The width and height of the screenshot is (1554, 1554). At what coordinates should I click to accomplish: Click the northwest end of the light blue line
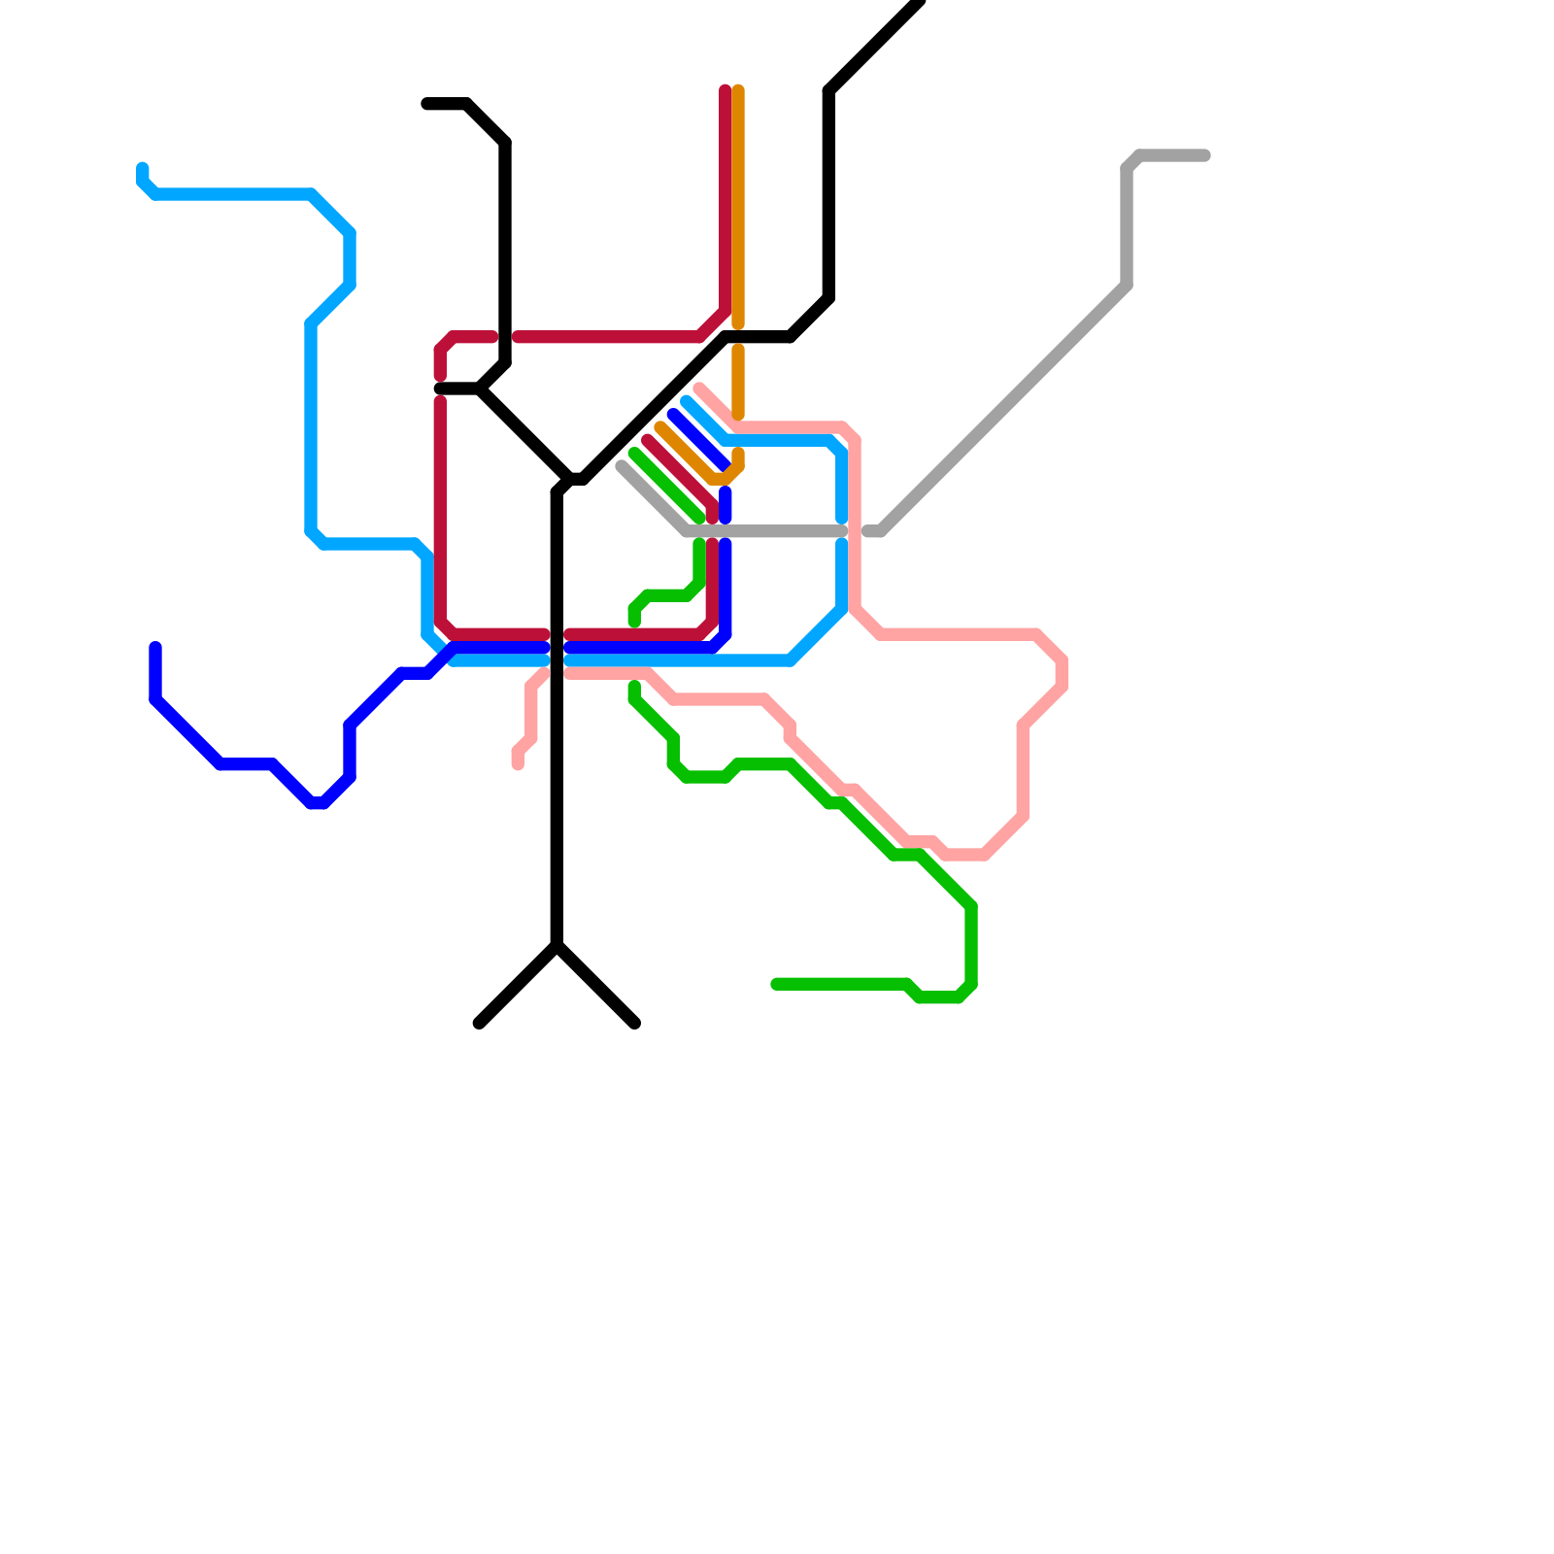tap(143, 168)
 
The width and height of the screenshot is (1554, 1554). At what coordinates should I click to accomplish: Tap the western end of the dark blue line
tap(155, 647)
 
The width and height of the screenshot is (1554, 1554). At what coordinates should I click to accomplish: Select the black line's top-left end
tap(426, 104)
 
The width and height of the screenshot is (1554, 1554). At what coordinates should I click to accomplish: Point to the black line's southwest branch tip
tap(479, 1024)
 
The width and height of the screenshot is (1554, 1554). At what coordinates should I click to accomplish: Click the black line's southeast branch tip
tap(636, 1024)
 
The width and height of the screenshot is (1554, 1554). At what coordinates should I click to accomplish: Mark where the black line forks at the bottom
tap(557, 945)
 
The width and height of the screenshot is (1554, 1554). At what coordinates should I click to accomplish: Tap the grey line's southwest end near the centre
tap(622, 466)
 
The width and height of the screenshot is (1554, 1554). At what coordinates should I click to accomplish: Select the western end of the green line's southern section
tap(776, 985)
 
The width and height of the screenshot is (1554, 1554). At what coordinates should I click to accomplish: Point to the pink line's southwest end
tap(518, 765)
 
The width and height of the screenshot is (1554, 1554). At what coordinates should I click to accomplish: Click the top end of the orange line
tap(738, 90)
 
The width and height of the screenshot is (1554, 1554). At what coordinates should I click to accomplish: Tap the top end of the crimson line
tap(725, 90)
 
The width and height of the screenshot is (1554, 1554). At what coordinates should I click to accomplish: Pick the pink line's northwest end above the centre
tap(699, 389)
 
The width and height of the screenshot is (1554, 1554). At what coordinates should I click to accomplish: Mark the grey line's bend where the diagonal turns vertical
tap(1127, 286)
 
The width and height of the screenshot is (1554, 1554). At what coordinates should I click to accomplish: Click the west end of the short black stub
tap(440, 388)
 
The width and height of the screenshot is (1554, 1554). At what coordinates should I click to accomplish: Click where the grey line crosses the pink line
tap(855, 531)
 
